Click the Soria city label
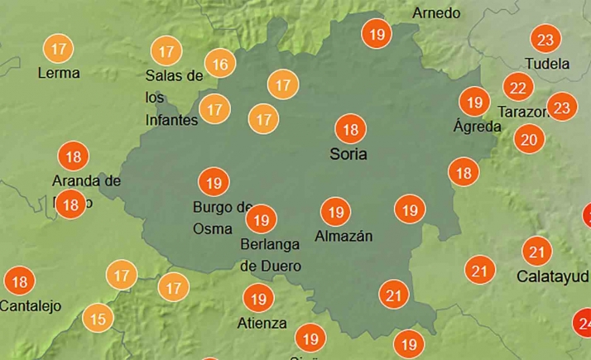(348, 154)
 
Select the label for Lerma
(59, 73)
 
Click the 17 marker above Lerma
(59, 49)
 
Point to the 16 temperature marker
(220, 64)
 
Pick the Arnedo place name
(435, 13)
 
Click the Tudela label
(547, 64)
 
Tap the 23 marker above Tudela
(545, 40)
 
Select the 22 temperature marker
(518, 87)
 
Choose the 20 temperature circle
(529, 139)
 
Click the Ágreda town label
(478, 127)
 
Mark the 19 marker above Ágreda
(474, 103)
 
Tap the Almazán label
(344, 237)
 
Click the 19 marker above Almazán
(335, 213)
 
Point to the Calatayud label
(553, 276)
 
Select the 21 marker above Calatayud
(537, 252)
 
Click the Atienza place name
(262, 323)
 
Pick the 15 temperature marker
(98, 318)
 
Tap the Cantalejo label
(31, 306)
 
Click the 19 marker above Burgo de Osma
(214, 182)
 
